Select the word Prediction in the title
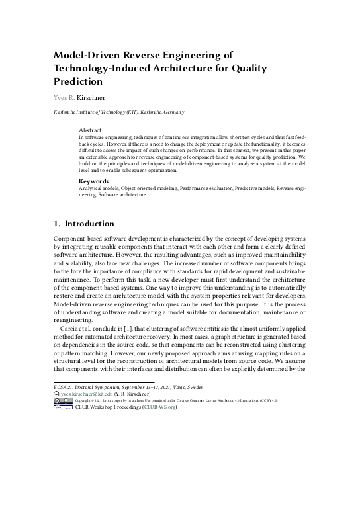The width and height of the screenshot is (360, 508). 78,82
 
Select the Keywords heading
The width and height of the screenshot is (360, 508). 94,181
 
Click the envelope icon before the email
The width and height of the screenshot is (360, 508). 56,394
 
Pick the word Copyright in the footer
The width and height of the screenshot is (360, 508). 85,401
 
